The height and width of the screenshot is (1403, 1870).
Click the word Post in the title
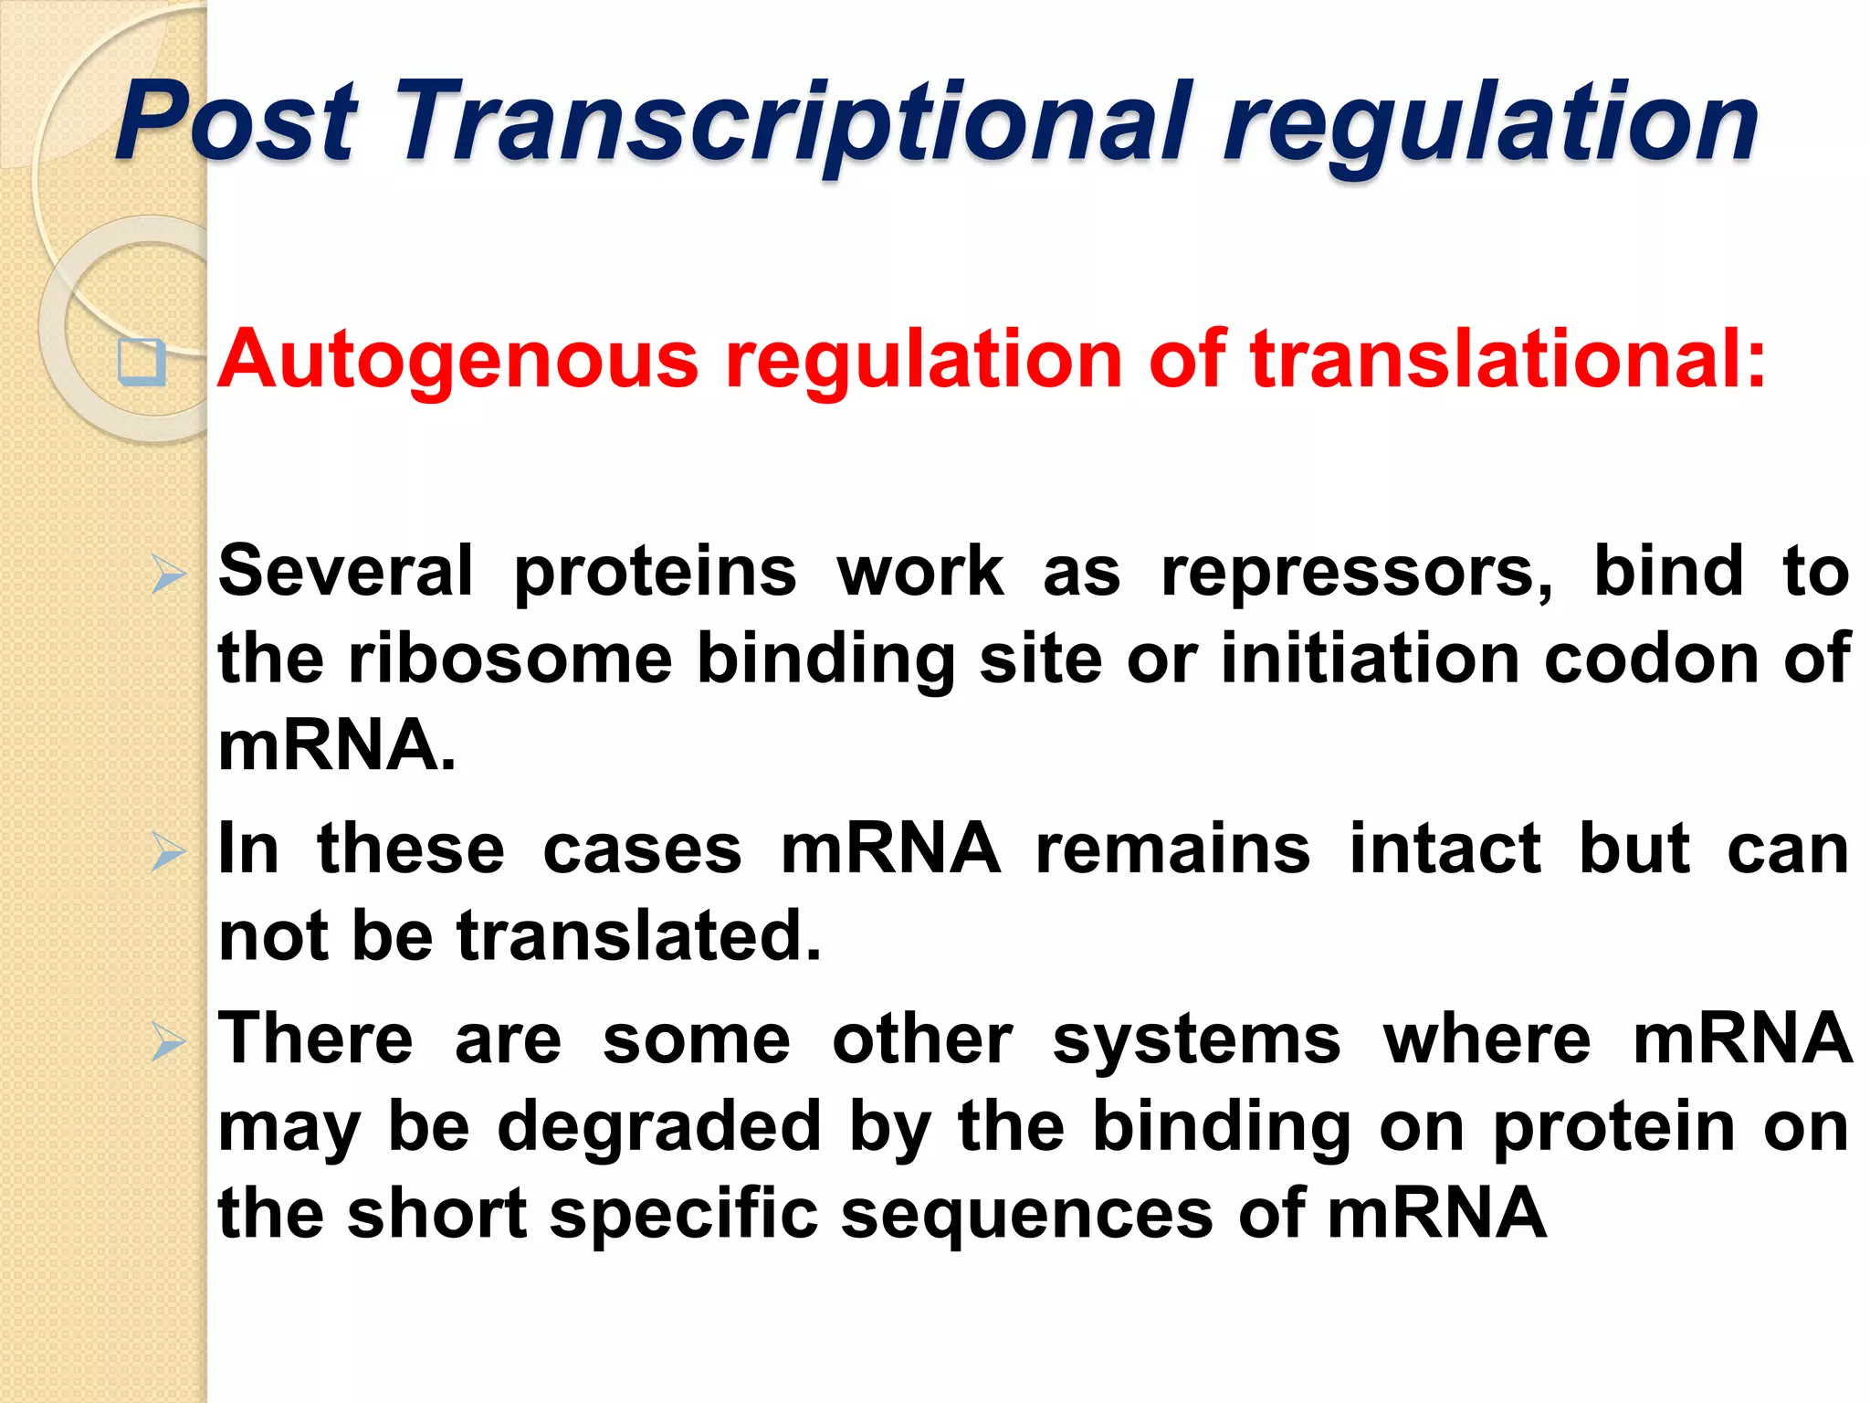tap(236, 121)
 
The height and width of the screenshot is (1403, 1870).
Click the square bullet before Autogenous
tap(142, 363)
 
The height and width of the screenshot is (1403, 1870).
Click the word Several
tap(346, 571)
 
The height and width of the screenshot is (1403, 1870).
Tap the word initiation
tap(1370, 658)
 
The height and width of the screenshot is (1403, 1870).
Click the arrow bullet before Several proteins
tap(168, 576)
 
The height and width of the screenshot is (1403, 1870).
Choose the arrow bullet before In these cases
tap(168, 853)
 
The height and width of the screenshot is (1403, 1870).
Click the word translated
tap(638, 936)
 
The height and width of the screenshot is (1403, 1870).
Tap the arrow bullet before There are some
tap(168, 1042)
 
